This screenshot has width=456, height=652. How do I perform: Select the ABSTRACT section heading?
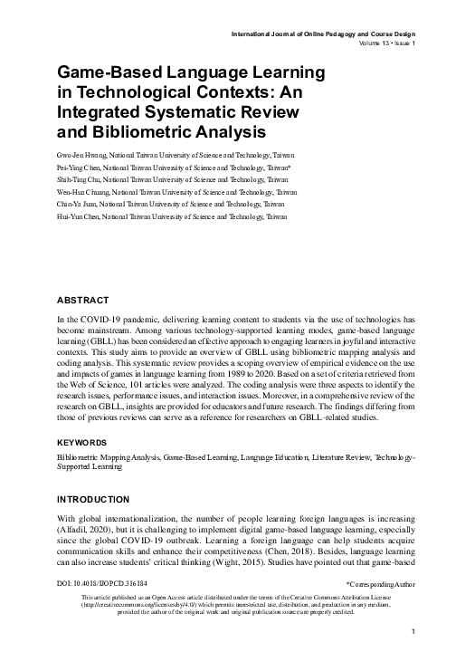click(83, 300)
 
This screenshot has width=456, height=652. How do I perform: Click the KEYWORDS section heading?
click(85, 444)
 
